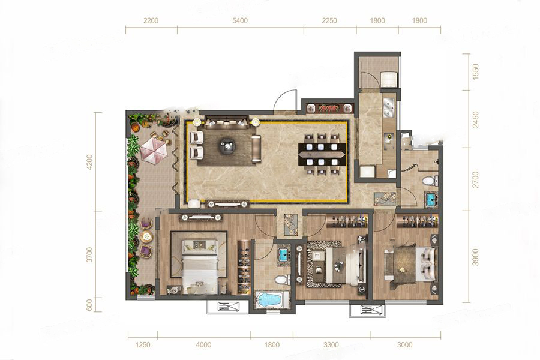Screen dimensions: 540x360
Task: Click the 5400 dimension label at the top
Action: [x=239, y=20]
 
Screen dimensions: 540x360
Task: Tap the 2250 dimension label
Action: [x=329, y=20]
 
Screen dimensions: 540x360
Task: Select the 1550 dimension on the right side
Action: [x=476, y=72]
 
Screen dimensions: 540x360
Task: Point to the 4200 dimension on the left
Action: [x=89, y=162]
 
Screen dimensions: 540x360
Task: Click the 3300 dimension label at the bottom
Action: [x=331, y=344]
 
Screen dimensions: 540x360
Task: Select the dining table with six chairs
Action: [x=322, y=154]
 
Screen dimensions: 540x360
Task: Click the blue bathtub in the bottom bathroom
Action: [x=271, y=299]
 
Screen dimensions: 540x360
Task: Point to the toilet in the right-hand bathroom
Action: [x=430, y=180]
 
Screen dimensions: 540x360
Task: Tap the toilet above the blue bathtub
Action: [x=283, y=279]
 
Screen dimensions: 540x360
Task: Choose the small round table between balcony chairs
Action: [x=147, y=236]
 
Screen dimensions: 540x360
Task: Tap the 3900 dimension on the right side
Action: [x=476, y=257]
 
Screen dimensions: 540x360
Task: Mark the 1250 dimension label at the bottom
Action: [x=143, y=344]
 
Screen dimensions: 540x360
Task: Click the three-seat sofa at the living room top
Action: [x=226, y=122]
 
